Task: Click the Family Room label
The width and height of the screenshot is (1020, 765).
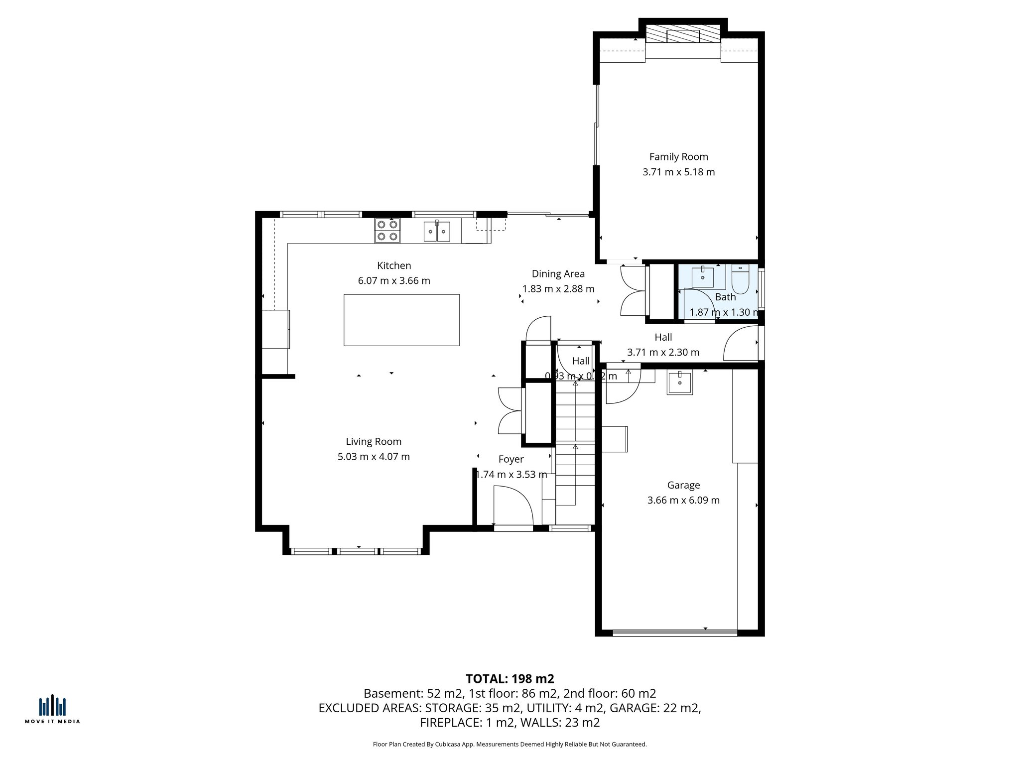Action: tap(678, 157)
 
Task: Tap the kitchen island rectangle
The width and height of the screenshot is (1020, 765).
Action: tap(401, 320)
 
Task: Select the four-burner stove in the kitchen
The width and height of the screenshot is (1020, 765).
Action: tap(387, 231)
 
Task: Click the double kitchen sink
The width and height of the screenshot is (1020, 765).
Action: tap(437, 232)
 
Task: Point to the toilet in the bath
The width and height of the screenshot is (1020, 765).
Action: tap(740, 280)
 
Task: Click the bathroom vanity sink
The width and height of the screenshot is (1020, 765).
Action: tap(702, 277)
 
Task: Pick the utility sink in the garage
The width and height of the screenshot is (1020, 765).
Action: tap(679, 382)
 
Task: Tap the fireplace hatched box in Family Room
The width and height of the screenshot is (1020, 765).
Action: tap(683, 35)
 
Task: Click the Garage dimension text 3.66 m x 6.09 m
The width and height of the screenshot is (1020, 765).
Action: tap(683, 500)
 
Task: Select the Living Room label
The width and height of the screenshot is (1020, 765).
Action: tap(374, 442)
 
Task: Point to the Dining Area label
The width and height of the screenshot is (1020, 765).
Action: tap(558, 274)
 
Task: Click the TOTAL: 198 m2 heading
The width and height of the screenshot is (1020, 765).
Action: tap(510, 679)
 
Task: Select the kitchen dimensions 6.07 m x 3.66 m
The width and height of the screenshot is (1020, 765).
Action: tap(394, 281)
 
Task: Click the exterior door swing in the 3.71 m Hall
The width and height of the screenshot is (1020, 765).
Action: tap(741, 344)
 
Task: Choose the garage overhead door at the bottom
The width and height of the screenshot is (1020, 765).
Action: tap(674, 633)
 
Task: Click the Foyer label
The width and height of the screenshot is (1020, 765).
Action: tap(510, 460)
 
